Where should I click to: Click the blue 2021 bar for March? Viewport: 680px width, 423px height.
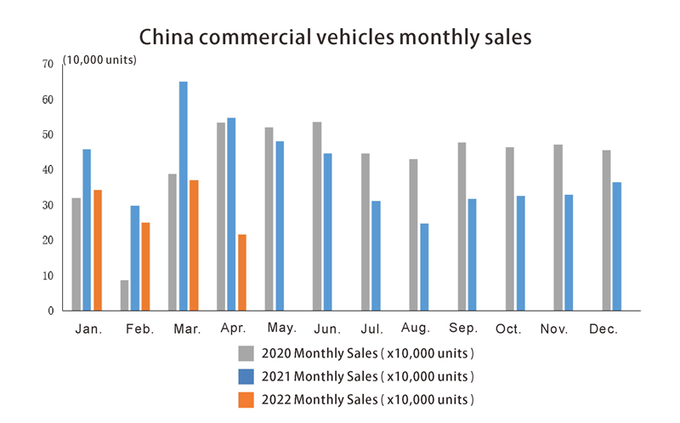(184, 196)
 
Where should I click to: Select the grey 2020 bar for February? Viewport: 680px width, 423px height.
(125, 295)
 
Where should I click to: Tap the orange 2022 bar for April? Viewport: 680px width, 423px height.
(242, 272)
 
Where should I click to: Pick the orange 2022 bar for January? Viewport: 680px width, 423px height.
(98, 250)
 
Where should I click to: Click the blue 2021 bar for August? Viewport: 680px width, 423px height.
(424, 267)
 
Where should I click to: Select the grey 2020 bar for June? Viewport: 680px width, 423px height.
(317, 216)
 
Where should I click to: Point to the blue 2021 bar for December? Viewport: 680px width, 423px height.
(617, 247)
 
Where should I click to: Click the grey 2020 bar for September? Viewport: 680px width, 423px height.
(462, 226)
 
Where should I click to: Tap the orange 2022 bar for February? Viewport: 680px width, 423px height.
(145, 266)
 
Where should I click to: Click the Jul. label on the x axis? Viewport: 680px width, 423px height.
(371, 329)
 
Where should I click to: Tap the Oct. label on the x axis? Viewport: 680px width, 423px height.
(507, 329)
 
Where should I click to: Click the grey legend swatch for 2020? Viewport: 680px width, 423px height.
(246, 353)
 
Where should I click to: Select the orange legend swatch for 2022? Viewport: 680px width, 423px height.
(246, 398)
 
